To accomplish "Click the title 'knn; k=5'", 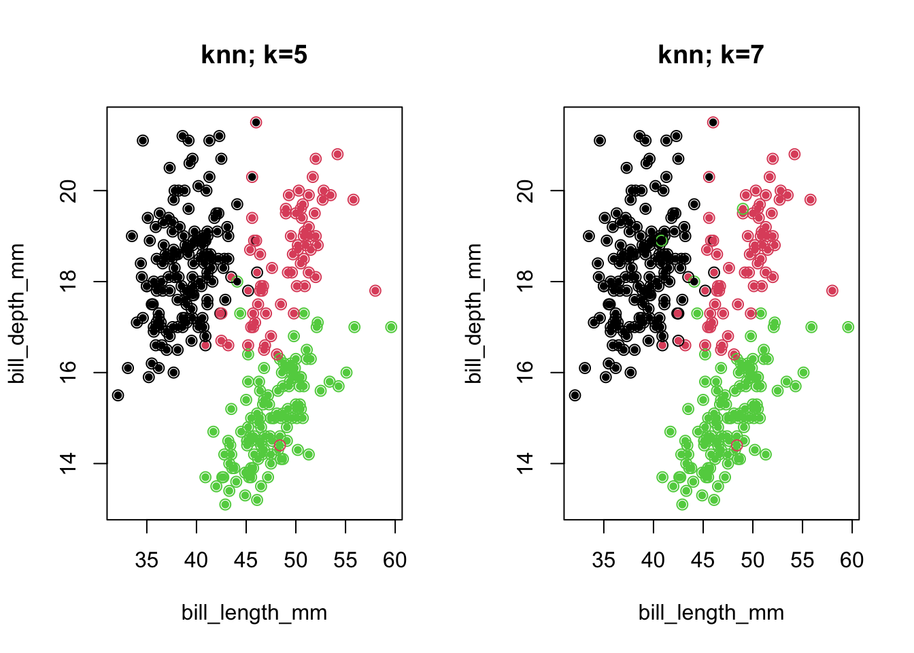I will (254, 54).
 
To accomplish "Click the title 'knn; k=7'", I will (711, 54).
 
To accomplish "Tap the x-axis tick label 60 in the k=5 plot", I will (394, 560).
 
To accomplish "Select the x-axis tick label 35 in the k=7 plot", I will (603, 560).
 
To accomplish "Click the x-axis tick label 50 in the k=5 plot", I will (295, 560).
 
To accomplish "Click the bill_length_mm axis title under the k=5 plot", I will (254, 613).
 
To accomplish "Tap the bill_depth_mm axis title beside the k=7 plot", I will (473, 313).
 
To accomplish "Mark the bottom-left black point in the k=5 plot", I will (118, 395).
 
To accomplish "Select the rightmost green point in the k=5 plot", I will (391, 327).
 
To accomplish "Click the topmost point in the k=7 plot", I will (713, 122).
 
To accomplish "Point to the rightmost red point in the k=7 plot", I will (832, 290).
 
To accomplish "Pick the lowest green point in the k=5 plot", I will (225, 504).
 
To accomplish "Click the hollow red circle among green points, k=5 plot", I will (280, 446).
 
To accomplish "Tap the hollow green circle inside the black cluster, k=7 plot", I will (661, 241).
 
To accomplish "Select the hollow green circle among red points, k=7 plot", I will (743, 209).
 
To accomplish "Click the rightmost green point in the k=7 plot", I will (848, 327).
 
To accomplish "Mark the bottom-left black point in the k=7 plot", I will (575, 395).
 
